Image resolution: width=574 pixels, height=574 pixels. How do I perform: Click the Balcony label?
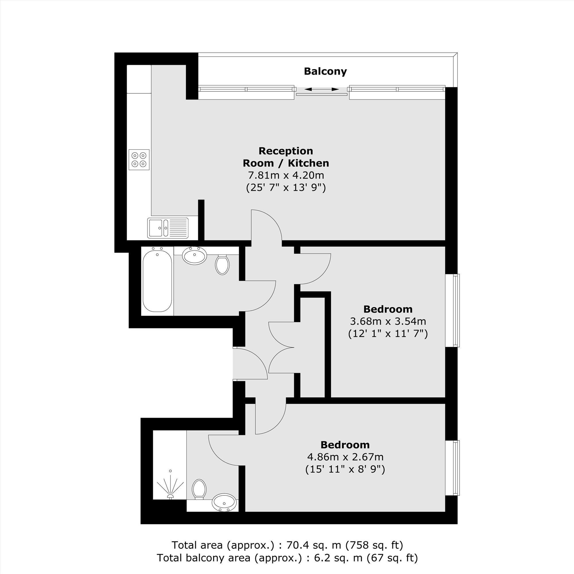(x=325, y=71)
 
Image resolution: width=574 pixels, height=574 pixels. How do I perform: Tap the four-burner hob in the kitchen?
(x=139, y=160)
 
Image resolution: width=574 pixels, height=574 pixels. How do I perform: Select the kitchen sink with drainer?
(x=168, y=228)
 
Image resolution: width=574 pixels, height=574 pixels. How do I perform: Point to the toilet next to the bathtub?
(x=222, y=264)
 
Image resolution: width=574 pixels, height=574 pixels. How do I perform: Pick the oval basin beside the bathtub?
(x=195, y=256)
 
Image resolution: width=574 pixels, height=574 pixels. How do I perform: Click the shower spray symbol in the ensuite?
(x=170, y=485)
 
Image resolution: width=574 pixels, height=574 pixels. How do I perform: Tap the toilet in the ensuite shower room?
(x=199, y=489)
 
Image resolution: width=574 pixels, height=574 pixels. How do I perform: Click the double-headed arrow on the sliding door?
(x=321, y=89)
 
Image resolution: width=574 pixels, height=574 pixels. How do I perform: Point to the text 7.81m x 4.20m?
(x=286, y=175)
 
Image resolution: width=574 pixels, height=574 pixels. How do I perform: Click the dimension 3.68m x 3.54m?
(x=388, y=321)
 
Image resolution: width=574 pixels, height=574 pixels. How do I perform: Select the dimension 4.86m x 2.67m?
(x=345, y=457)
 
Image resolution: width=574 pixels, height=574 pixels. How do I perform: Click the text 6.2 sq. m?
(x=339, y=558)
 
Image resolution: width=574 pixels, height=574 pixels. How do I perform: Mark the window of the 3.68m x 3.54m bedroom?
(x=453, y=310)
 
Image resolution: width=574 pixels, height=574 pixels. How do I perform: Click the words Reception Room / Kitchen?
(x=286, y=157)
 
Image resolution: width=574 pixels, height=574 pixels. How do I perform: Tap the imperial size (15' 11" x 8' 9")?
(x=345, y=470)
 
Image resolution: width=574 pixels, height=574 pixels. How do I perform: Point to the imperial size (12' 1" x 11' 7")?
(x=388, y=334)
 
